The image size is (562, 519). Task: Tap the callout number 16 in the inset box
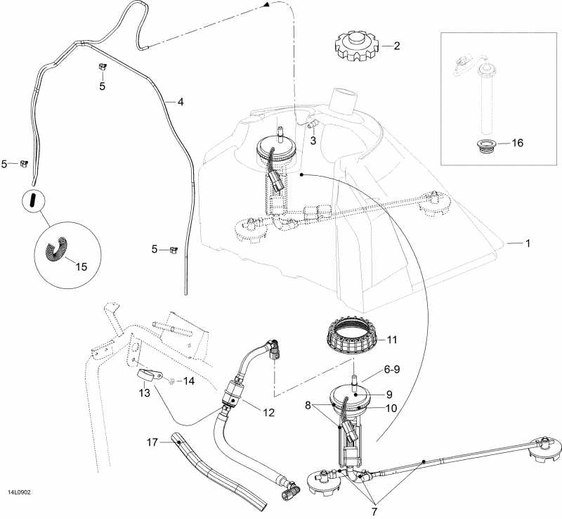pyautogui.click(x=518, y=143)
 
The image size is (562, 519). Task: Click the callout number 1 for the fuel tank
pyautogui.click(x=528, y=243)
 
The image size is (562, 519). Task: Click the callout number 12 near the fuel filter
pyautogui.click(x=268, y=413)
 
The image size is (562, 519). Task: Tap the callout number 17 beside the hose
pyautogui.click(x=152, y=442)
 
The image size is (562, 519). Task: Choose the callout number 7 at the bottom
pyautogui.click(x=374, y=511)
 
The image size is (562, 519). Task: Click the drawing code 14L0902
pyautogui.click(x=19, y=492)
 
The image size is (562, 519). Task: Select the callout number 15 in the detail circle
pyautogui.click(x=81, y=267)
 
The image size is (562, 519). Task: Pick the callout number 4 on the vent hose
pyautogui.click(x=181, y=102)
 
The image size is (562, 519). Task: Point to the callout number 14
pyautogui.click(x=188, y=381)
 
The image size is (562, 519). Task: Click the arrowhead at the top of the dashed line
pyautogui.click(x=266, y=5)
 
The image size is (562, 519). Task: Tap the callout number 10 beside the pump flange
pyautogui.click(x=391, y=408)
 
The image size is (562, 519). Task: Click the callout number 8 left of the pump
pyautogui.click(x=308, y=406)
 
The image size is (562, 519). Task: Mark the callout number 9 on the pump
pyautogui.click(x=389, y=395)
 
